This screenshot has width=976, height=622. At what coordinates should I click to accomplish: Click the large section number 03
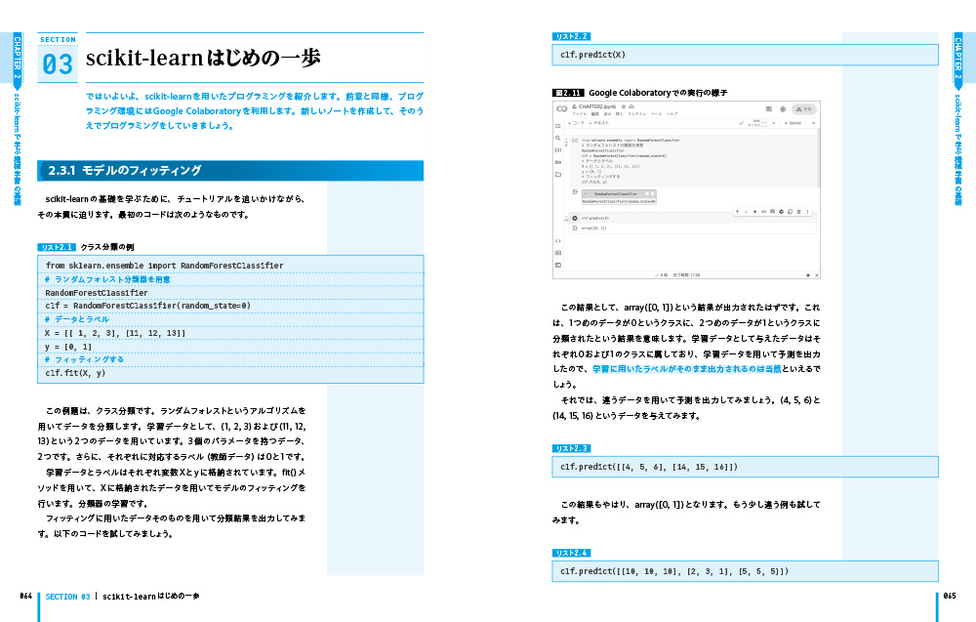[x=58, y=64]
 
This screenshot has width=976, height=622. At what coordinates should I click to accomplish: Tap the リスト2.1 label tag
[x=57, y=247]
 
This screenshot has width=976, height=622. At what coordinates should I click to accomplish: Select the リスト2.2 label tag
[x=571, y=36]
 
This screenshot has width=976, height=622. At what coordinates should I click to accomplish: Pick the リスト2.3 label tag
[x=571, y=448]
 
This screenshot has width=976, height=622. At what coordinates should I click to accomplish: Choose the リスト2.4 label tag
[x=571, y=553]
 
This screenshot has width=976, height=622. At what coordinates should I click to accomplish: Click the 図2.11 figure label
[x=568, y=92]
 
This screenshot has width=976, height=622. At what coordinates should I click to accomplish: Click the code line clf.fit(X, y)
[x=75, y=373]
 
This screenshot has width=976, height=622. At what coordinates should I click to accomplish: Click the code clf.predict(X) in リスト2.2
[x=593, y=55]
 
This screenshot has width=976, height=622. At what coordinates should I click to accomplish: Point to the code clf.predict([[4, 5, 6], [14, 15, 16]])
[x=649, y=467]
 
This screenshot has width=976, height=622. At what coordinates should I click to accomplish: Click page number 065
[x=950, y=596]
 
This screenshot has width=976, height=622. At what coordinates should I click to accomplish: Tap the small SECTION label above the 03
[x=58, y=40]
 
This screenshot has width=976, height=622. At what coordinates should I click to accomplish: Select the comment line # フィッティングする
[x=84, y=359]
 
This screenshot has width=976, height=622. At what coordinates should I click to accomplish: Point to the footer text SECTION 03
[x=68, y=596]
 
